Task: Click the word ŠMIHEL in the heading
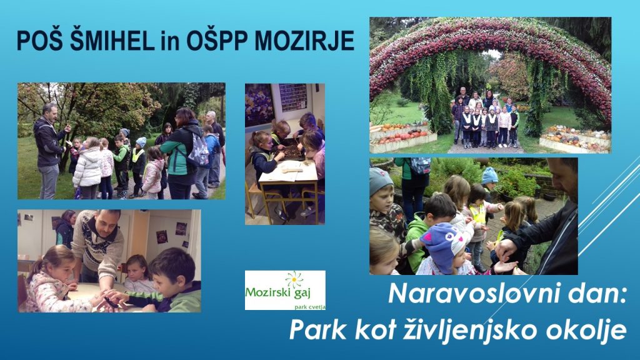112,41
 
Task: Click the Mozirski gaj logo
285,290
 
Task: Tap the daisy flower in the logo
294,279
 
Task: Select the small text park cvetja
310,306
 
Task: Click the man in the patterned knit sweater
98,246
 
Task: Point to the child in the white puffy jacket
88,167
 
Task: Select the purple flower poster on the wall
259,105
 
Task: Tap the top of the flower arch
490,24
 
